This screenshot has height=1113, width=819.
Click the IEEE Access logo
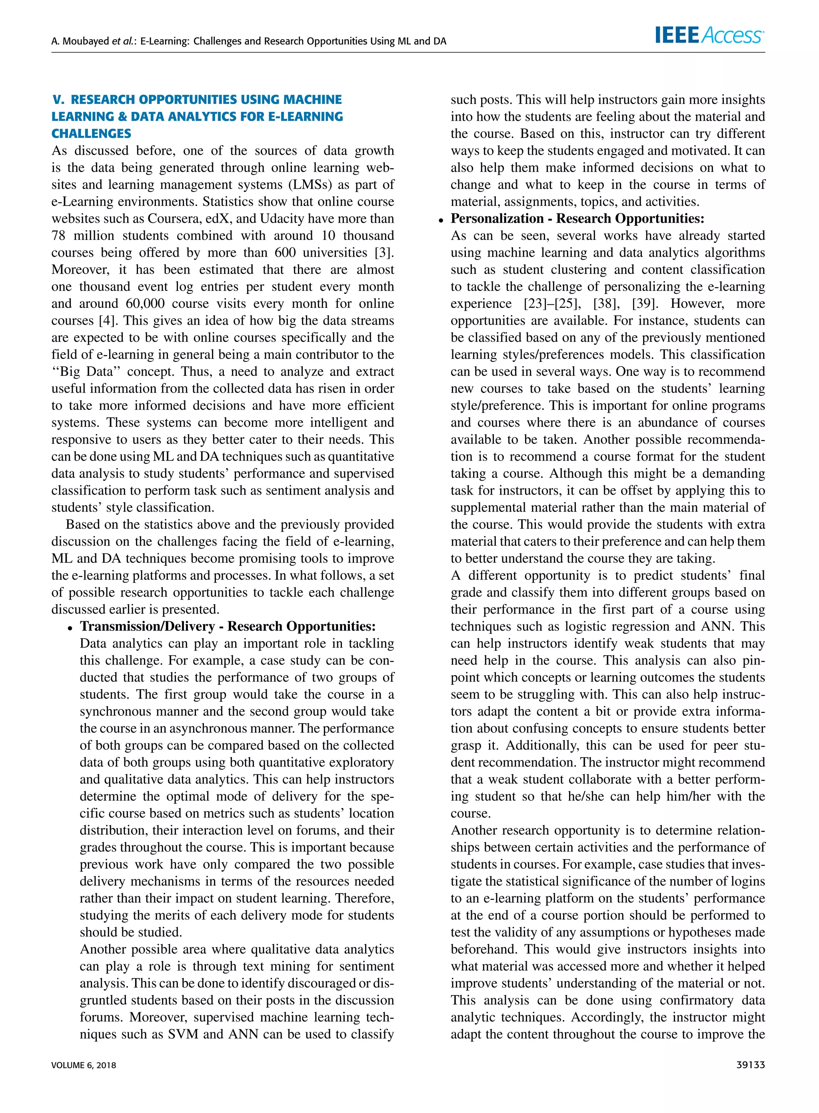pyautogui.click(x=709, y=35)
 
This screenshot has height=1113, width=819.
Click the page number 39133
pyautogui.click(x=751, y=1065)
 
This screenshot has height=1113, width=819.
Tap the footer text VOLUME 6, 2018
pyautogui.click(x=84, y=1065)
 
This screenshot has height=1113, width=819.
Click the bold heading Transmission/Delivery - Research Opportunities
pyautogui.click(x=228, y=626)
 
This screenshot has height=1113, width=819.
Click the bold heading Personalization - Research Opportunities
pyautogui.click(x=577, y=219)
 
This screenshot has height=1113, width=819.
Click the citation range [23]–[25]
pyautogui.click(x=552, y=304)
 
